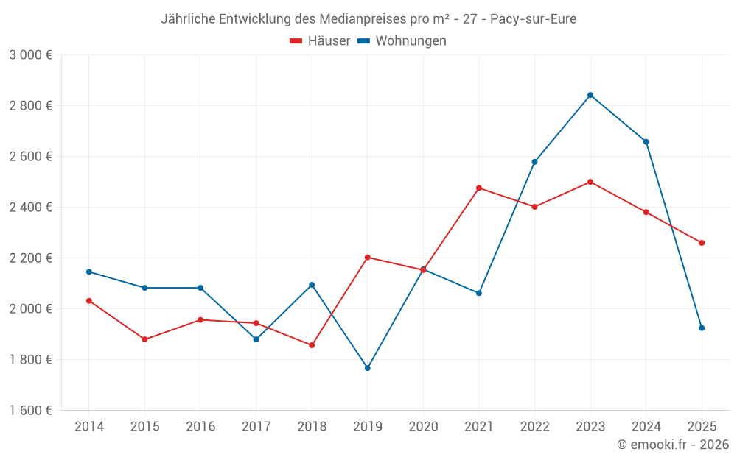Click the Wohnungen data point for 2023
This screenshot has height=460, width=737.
[x=590, y=95]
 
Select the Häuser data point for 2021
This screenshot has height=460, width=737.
[x=479, y=188]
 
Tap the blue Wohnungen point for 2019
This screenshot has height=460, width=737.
[x=368, y=368]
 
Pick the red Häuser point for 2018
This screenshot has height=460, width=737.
[x=312, y=345]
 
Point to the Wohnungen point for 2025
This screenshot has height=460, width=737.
[x=702, y=328]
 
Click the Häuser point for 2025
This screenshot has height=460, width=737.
[x=702, y=243]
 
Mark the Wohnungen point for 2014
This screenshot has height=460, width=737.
[x=89, y=272]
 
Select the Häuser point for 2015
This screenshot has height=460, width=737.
[x=144, y=339]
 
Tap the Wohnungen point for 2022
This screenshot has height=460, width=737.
[x=534, y=162]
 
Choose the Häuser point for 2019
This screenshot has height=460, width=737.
[x=368, y=258]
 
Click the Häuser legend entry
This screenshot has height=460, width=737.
[x=320, y=41]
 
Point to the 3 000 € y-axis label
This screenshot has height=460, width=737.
[x=30, y=55]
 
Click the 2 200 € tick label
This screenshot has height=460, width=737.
[x=30, y=258]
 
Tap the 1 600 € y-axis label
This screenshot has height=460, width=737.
[x=30, y=411]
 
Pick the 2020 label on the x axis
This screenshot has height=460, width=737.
[x=423, y=427]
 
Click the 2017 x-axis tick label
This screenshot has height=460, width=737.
[x=256, y=427]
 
